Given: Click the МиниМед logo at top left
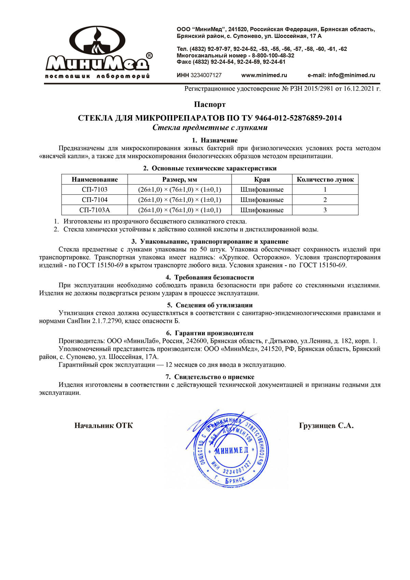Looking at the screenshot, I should [99, 52].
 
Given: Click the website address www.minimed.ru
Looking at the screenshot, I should [264, 75].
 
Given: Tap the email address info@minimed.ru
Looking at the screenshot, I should [351, 75].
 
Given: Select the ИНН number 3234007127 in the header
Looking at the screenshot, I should [206, 75].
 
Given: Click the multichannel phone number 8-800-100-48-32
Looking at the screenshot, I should [273, 55].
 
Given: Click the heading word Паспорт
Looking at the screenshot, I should [210, 104].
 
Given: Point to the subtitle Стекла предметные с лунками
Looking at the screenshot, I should [210, 128].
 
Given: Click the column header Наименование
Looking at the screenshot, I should [95, 179].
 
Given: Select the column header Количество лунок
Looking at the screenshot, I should [325, 179].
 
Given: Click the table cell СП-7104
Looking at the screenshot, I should [95, 200].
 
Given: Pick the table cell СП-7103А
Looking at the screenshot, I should [95, 210].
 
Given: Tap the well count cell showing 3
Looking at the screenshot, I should [325, 210].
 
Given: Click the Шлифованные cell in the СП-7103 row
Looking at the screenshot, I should [262, 190].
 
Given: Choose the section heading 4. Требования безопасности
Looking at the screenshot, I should [210, 277].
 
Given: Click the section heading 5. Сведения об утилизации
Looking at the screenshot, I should [210, 305].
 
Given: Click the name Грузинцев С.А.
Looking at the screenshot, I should [326, 426].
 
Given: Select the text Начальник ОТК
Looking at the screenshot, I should [104, 426].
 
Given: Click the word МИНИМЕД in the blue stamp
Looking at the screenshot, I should [231, 450].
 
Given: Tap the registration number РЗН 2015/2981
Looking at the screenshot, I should [311, 89].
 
